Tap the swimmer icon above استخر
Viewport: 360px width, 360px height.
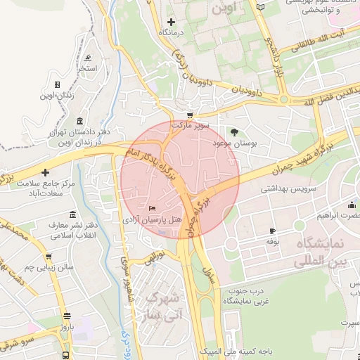click(87, 58)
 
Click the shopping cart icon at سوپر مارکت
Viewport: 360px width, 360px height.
click(189, 115)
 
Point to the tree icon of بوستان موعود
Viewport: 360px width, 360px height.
click(234, 131)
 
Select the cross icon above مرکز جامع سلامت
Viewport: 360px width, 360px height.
click(46, 172)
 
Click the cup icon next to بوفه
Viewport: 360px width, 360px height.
click(272, 231)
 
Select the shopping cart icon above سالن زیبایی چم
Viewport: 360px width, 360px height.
click(48, 257)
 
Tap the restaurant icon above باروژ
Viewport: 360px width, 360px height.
click(66, 316)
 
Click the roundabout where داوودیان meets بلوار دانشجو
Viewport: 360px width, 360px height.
click(283, 100)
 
